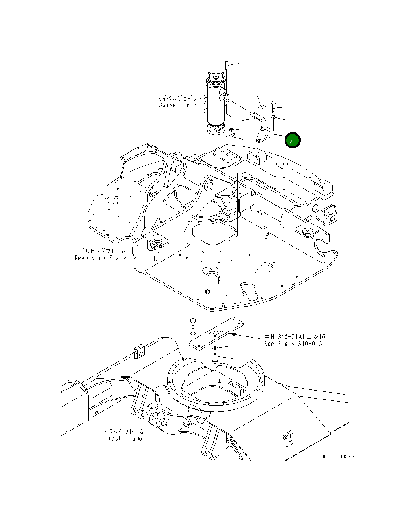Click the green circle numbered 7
tap(292, 140)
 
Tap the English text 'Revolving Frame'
tap(100, 258)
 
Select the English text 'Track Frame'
tap(123, 438)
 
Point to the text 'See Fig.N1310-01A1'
tap(294, 344)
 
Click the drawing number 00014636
tap(339, 457)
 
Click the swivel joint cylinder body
tap(216, 107)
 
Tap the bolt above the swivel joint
tap(226, 64)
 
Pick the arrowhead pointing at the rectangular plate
tap(235, 335)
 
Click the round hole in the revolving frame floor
tap(265, 268)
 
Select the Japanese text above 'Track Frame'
tap(123, 431)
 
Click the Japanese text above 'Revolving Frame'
tap(100, 251)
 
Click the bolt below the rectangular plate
tap(215, 358)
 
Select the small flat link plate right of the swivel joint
tap(258, 116)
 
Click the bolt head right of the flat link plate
tap(274, 105)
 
